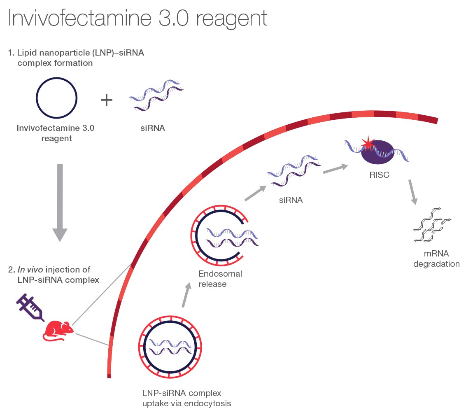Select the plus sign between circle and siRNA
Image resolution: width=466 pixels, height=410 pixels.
pos(107,100)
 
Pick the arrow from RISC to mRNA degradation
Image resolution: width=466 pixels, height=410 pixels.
pos(413,192)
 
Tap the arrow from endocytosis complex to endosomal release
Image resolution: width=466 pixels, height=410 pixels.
pos(186,295)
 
